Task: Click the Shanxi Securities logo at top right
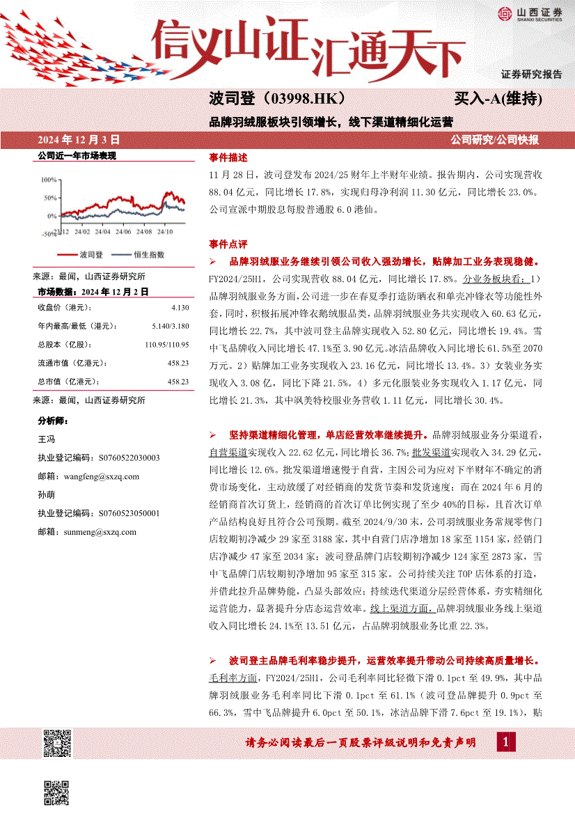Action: pos(530,14)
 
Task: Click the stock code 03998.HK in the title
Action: pos(302,99)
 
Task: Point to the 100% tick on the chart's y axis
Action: pos(49,179)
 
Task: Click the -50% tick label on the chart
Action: pos(47,235)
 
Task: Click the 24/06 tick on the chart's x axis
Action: pos(123,230)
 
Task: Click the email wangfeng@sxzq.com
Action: pos(88,476)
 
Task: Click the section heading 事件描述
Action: pos(228,157)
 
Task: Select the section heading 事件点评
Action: pos(228,244)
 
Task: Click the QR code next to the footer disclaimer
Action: pos(57,743)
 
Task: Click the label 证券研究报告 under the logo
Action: pos(531,74)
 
